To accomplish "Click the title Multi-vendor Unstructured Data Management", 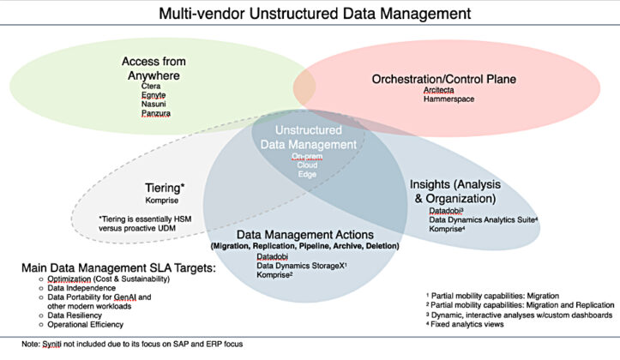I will (310, 14).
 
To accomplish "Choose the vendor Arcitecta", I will (440, 90).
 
